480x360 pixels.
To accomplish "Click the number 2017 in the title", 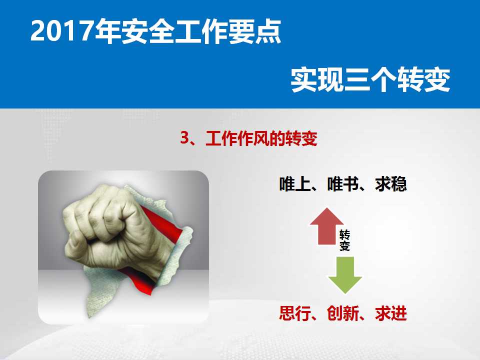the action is click(x=61, y=30).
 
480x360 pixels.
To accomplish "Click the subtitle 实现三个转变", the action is click(x=370, y=79).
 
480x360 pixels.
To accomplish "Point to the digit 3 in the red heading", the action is click(x=184, y=138).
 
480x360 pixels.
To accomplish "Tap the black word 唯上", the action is click(x=295, y=184).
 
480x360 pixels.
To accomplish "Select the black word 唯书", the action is click(x=343, y=184).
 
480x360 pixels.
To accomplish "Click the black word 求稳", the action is click(x=391, y=184).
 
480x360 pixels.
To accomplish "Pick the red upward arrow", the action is click(x=327, y=226).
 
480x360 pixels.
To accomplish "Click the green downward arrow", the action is click(x=345, y=275).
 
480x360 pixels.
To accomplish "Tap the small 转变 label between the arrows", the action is click(x=344, y=240).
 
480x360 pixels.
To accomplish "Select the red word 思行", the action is click(x=295, y=313).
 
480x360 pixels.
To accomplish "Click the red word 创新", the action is click(x=343, y=313).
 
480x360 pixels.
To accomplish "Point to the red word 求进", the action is click(x=391, y=313).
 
